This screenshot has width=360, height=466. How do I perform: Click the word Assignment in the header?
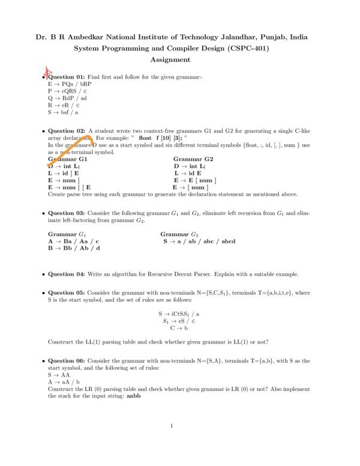click(x=170, y=59)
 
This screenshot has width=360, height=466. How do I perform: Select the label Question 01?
click(x=67, y=77)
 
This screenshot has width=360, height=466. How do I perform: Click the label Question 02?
click(x=67, y=130)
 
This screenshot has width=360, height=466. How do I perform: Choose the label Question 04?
click(x=67, y=274)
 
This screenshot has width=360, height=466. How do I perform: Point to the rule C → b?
click(x=179, y=328)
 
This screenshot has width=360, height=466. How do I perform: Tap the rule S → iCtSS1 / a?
click(x=179, y=313)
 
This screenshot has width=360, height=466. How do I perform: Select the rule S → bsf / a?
click(x=63, y=112)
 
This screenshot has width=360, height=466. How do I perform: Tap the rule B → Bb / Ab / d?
click(x=74, y=248)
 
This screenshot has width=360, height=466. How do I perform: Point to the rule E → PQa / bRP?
click(x=68, y=85)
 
